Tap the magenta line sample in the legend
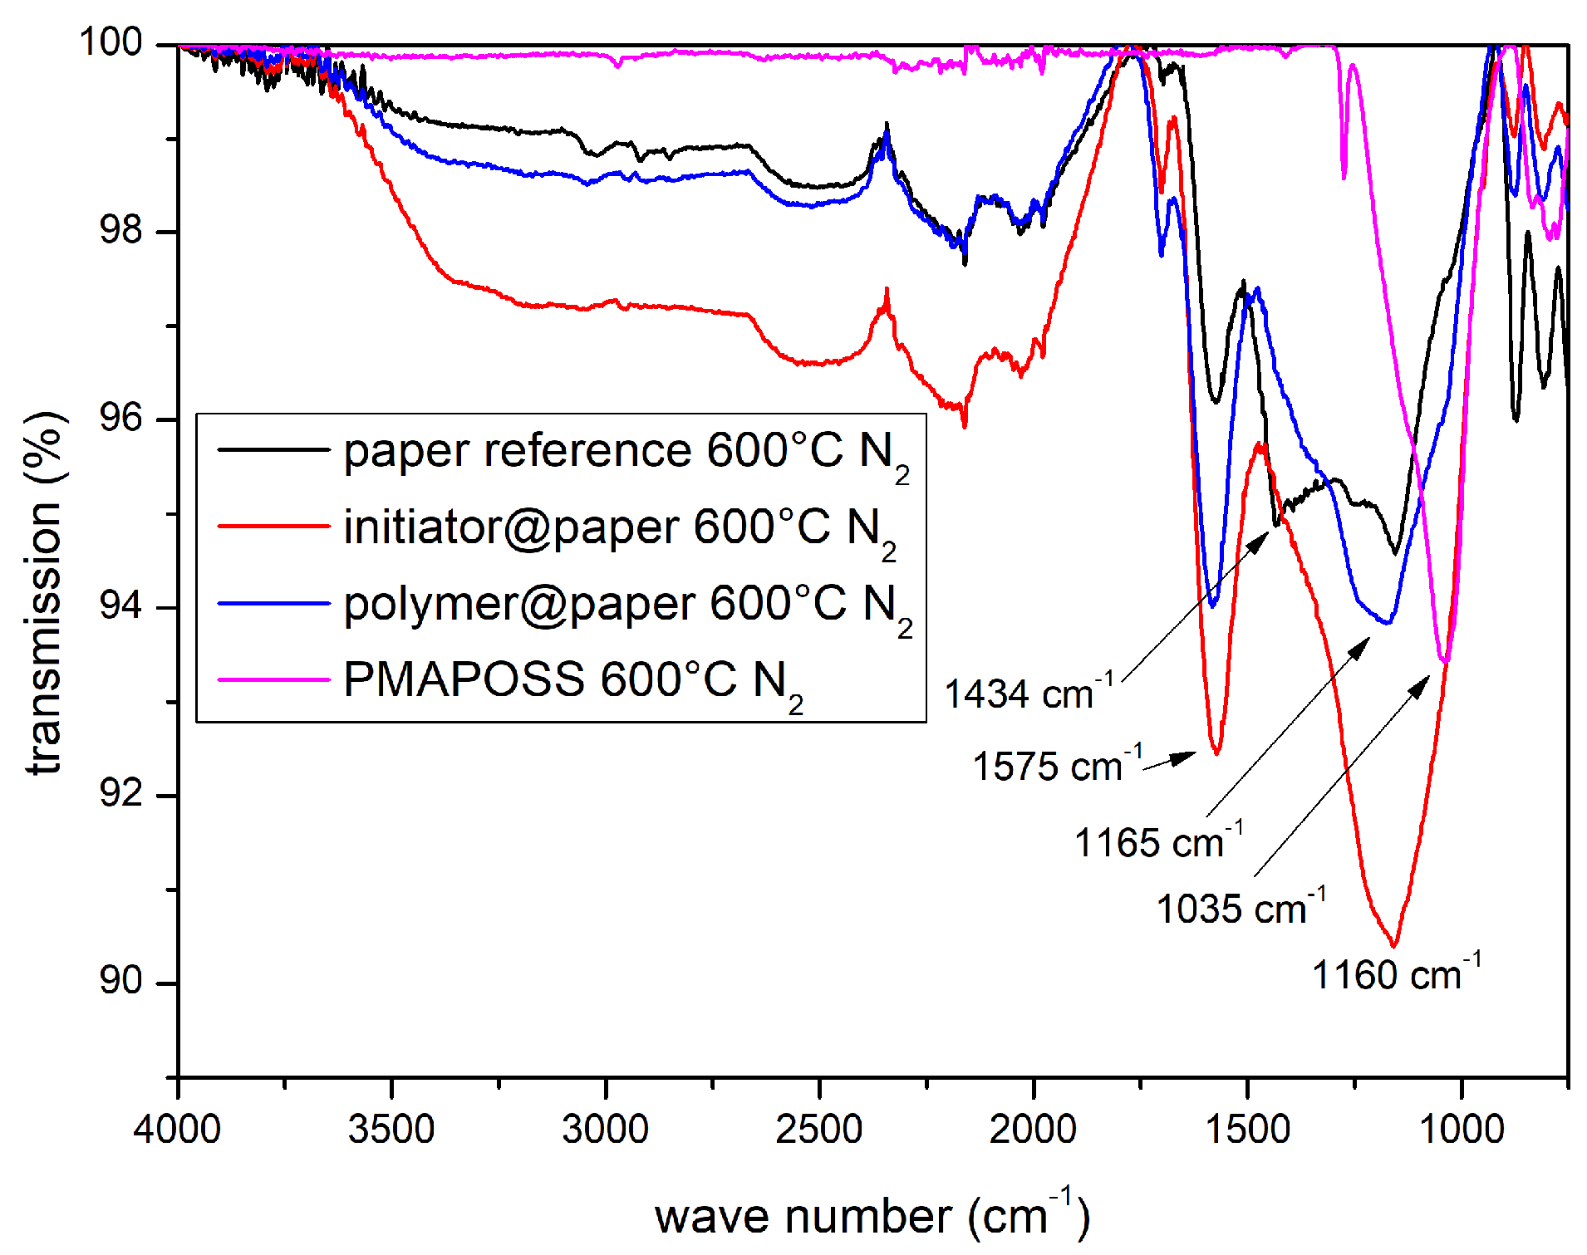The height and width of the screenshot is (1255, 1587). (x=273, y=679)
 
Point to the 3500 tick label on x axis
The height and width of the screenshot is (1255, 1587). (x=391, y=1129)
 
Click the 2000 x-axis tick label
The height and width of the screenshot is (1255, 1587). (x=1033, y=1129)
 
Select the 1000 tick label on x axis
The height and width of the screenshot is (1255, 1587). (x=1461, y=1129)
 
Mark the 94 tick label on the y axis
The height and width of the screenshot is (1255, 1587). (x=120, y=606)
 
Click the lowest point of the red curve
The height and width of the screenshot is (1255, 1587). (x=1393, y=945)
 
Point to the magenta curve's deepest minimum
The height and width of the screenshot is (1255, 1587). (x=1446, y=661)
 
